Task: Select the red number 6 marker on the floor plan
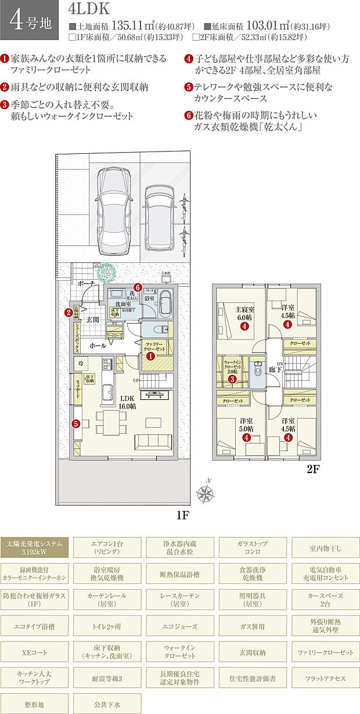(x=138, y=287)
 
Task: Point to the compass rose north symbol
(x=205, y=493)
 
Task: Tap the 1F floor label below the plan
(x=184, y=515)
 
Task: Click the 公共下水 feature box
(x=108, y=704)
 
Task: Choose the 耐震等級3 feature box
(x=108, y=678)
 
